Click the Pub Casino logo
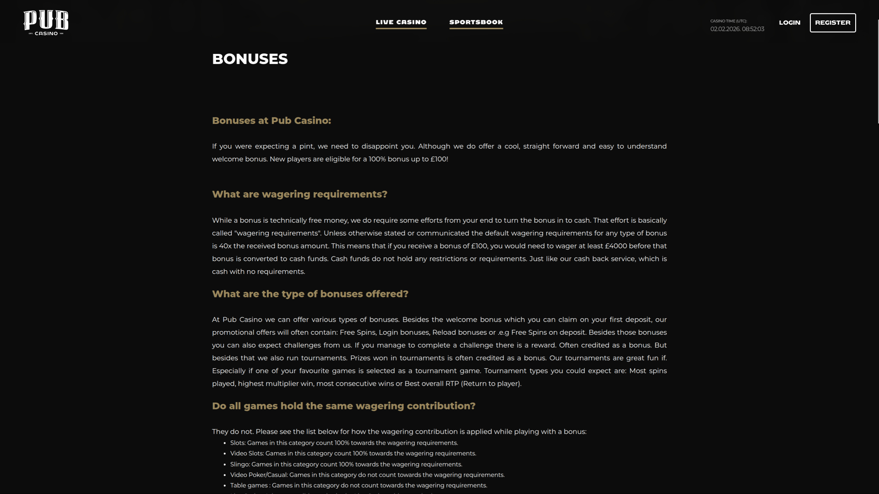46,23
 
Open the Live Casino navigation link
401,22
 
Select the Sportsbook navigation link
476,22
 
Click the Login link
790,22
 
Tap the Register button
833,22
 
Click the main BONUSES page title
250,59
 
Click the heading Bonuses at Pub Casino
271,121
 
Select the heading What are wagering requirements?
300,194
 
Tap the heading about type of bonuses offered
310,294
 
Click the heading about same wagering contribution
344,406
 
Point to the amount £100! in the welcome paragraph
439,159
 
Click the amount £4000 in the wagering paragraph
616,246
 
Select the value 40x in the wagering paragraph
225,246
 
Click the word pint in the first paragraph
306,146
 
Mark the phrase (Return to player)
491,384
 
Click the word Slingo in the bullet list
239,464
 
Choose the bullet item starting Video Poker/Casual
367,475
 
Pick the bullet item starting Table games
358,485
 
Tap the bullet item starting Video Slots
353,453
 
